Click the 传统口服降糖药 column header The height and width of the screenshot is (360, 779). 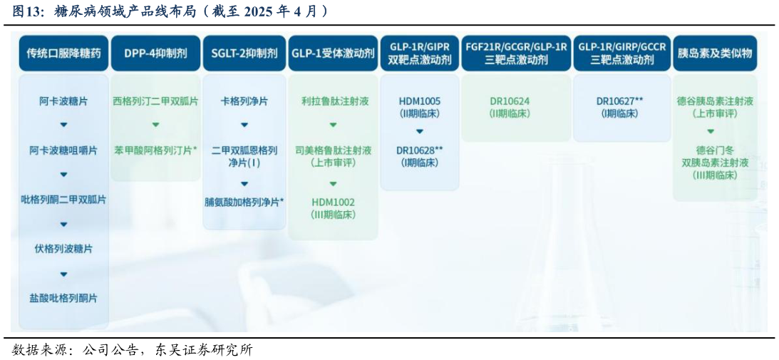(63, 53)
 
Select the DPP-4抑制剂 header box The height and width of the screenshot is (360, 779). (155, 53)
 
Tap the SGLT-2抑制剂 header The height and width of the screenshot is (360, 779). (244, 53)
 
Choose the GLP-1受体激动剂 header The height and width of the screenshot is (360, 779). (333, 53)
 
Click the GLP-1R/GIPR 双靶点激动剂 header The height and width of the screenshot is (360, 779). (419, 53)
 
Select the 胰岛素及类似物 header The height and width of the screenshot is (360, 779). (715, 53)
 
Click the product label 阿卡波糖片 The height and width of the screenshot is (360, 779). (63, 101)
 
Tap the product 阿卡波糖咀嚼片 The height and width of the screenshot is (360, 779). (63, 150)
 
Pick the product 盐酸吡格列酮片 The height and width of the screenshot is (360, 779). (63, 298)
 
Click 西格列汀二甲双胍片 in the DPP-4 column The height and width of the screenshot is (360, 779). (155, 101)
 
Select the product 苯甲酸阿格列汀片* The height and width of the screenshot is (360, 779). (155, 150)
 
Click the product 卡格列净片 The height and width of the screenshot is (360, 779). (244, 101)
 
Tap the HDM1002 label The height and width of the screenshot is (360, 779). (333, 202)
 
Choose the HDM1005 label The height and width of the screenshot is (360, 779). (419, 101)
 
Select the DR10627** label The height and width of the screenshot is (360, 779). (619, 101)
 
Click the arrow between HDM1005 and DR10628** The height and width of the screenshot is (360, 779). (419, 131)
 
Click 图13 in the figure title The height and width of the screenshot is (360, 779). (26, 11)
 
